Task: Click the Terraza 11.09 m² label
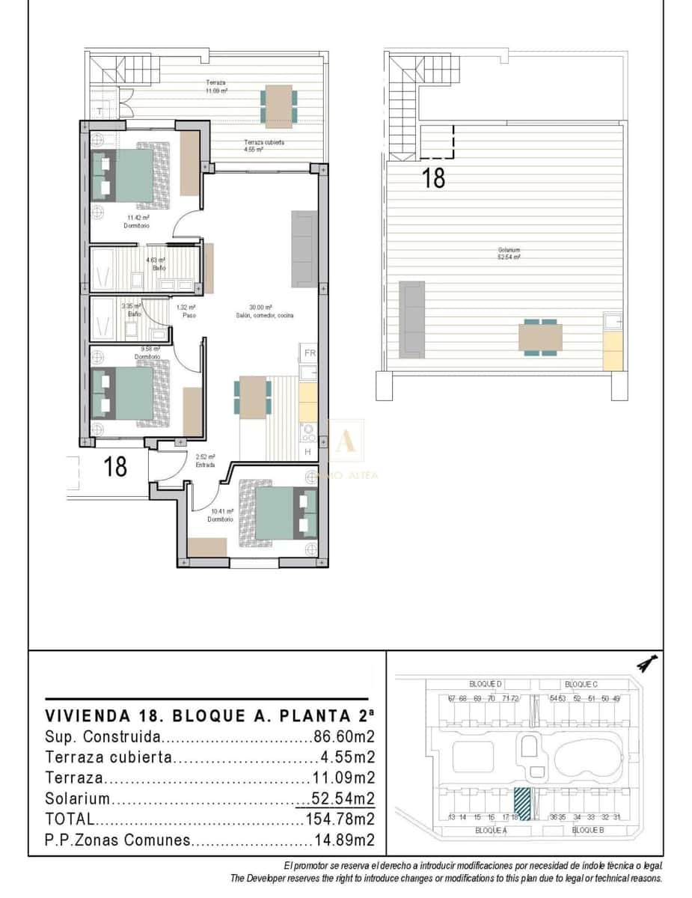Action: point(217,86)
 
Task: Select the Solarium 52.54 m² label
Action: point(509,253)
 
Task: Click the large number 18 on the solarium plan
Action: point(434,178)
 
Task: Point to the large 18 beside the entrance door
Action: point(115,467)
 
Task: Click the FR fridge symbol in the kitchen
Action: point(310,353)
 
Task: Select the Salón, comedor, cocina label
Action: point(260,311)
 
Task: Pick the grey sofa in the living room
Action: point(303,249)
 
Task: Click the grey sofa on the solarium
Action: point(412,319)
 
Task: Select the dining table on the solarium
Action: point(541,337)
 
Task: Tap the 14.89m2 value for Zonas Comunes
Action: point(343,840)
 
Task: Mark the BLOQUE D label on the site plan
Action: point(485,684)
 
